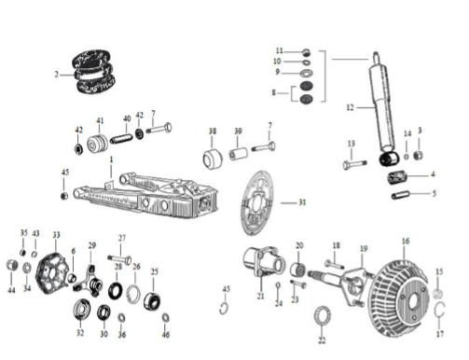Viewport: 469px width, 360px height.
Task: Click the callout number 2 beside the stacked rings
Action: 57,74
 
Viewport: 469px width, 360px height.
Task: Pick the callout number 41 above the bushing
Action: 100,120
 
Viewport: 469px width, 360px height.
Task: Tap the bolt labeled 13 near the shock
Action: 353,164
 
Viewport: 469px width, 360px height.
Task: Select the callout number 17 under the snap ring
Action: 440,332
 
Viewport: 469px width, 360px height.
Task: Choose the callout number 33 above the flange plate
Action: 56,235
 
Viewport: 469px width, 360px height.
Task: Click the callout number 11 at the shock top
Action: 279,50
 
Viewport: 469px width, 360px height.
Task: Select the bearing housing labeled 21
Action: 257,262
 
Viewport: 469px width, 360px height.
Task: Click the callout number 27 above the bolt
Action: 121,238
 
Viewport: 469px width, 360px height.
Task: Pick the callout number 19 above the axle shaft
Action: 365,249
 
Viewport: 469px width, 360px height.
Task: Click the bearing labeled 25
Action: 152,300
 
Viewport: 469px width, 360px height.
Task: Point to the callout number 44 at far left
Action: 11,290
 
